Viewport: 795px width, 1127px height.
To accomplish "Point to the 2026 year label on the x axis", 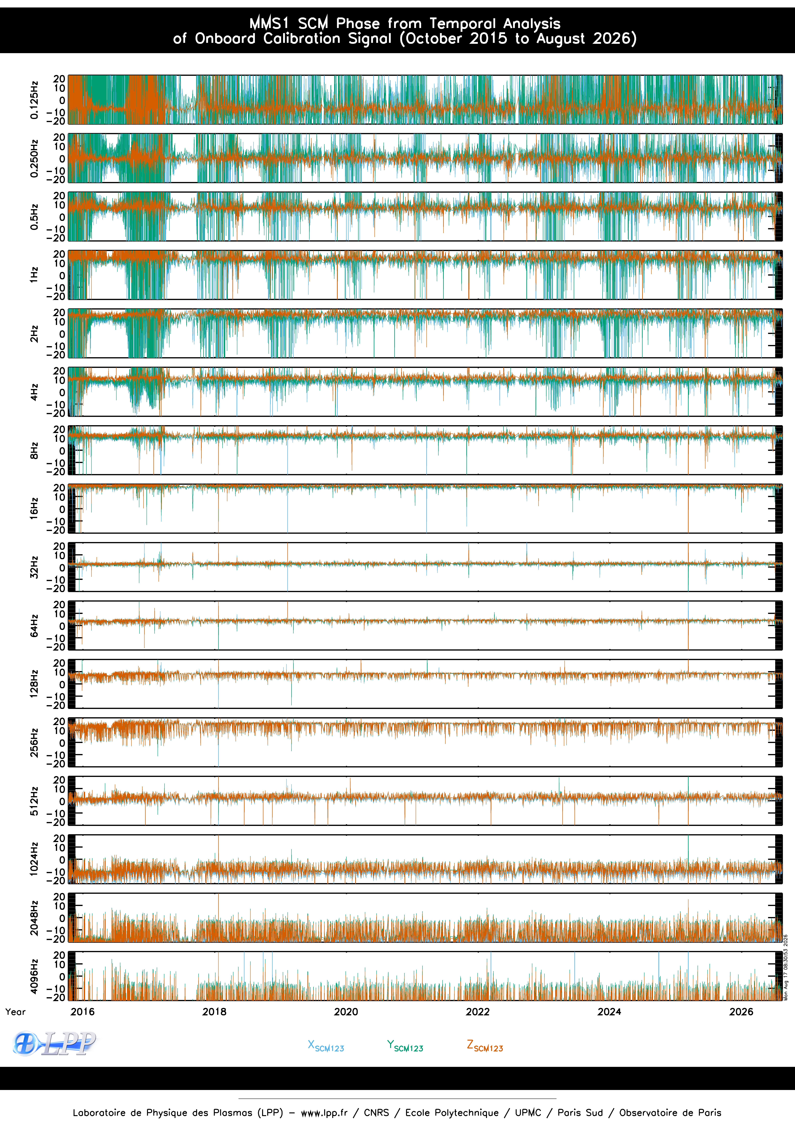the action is click(741, 1012).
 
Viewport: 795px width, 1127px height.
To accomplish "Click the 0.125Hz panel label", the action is click(34, 100).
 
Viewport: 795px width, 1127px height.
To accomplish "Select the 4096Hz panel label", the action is click(34, 976).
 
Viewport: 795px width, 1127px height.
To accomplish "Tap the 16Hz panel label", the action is click(34, 509).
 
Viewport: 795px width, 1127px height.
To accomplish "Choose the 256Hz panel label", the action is click(34, 742).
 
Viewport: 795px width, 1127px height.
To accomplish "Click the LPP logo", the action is click(54, 1043).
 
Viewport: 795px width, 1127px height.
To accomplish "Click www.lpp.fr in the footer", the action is click(324, 1113).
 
